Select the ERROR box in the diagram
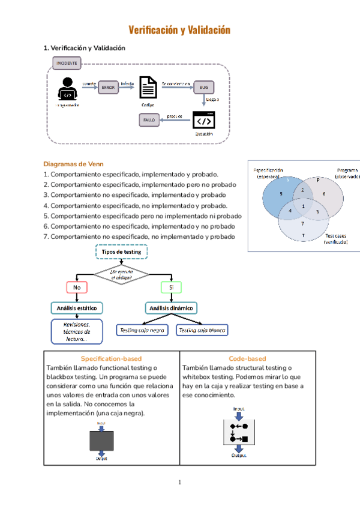click(108, 88)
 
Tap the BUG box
click(203, 88)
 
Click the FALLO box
click(149, 121)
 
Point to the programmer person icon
click(67, 89)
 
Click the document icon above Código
click(148, 88)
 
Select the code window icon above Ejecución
click(203, 120)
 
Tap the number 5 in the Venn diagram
click(281, 194)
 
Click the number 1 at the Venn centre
click(304, 206)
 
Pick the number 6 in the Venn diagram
click(324, 194)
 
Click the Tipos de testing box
click(121, 252)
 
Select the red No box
click(77, 288)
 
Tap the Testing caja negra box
click(143, 330)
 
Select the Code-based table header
click(247, 358)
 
